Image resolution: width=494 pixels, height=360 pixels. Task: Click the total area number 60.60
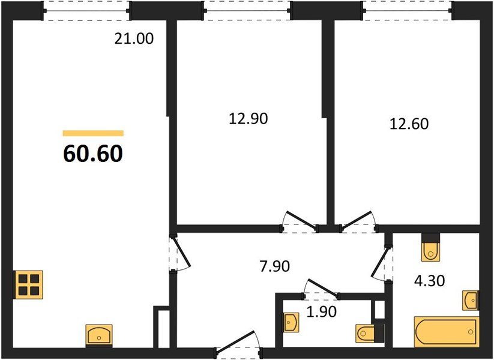pyautogui.click(x=92, y=154)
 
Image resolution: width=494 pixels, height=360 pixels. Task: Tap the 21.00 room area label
pyautogui.click(x=134, y=40)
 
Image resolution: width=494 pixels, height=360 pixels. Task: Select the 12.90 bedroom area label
pyautogui.click(x=248, y=118)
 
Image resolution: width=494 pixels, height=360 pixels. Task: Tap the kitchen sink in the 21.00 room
pyautogui.click(x=99, y=334)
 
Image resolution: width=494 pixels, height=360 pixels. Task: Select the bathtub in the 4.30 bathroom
pyautogui.click(x=445, y=332)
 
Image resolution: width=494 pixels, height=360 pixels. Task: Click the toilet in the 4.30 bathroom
pyautogui.click(x=430, y=248)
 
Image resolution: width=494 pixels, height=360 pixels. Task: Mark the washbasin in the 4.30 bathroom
pyautogui.click(x=471, y=299)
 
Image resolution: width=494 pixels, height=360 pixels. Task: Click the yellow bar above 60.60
pyautogui.click(x=93, y=133)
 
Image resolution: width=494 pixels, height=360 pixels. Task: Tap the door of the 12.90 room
pyautogui.click(x=301, y=221)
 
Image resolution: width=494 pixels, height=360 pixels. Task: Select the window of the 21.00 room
pyautogui.click(x=88, y=10)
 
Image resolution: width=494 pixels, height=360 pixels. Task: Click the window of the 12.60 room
pyautogui.click(x=408, y=10)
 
